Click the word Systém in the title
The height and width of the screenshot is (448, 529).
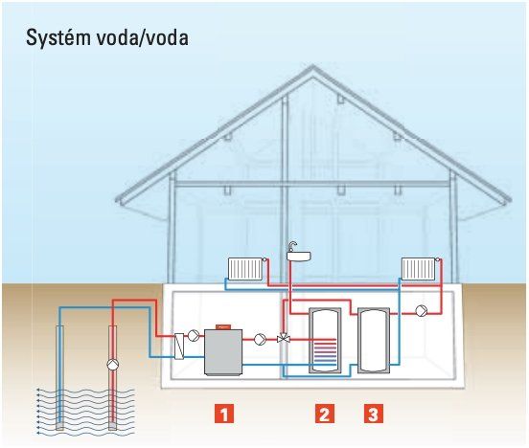click(x=58, y=37)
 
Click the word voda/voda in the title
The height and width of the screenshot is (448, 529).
click(x=142, y=37)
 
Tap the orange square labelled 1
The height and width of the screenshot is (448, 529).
click(x=224, y=414)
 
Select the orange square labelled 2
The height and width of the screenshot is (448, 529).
click(x=325, y=414)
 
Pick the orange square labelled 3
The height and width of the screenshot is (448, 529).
click(x=374, y=414)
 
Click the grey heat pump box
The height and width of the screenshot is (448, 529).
click(x=223, y=352)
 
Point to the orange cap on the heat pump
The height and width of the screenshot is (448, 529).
click(x=223, y=326)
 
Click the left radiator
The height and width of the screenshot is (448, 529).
click(x=245, y=269)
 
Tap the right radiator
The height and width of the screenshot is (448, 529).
click(x=419, y=269)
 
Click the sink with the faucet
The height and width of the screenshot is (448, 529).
click(x=298, y=253)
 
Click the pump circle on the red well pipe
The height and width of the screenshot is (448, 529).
click(x=113, y=365)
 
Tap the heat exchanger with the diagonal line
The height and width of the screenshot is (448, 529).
click(x=179, y=347)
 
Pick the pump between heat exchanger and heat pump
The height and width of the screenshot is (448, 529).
click(x=194, y=335)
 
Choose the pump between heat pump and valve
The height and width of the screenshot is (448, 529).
click(x=260, y=339)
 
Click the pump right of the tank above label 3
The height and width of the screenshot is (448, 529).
click(x=421, y=310)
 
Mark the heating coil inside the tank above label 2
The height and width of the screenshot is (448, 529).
click(x=325, y=352)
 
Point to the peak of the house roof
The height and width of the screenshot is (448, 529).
click(x=312, y=66)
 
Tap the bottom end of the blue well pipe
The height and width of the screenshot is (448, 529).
click(x=59, y=428)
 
